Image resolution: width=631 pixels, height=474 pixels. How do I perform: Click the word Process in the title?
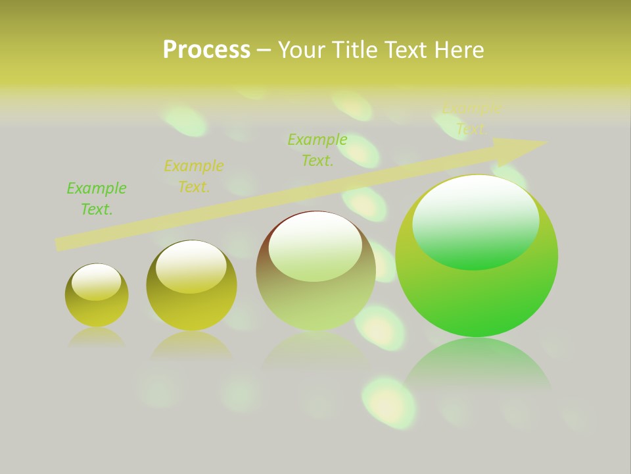click(x=206, y=50)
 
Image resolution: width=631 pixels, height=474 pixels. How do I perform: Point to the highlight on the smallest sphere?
click(x=97, y=282)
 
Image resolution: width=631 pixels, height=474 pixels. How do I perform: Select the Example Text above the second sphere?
click(x=193, y=176)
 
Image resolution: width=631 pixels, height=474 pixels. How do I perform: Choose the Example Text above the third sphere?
click(x=317, y=150)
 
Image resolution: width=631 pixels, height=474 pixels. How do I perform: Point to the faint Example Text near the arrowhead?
click(x=471, y=119)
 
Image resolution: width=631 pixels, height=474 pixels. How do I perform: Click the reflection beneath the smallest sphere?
click(x=97, y=337)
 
